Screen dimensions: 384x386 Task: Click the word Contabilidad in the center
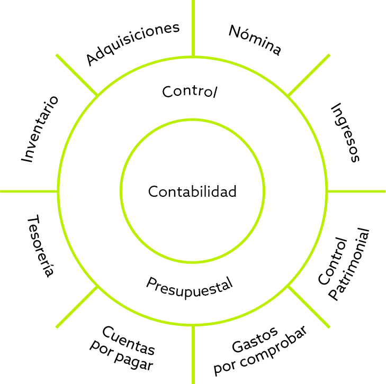coord(192,191)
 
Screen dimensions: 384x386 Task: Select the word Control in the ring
coord(190,92)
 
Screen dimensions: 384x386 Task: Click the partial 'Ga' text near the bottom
coord(241,347)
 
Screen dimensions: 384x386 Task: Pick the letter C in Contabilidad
coord(152,191)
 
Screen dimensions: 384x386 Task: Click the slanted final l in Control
coord(215,92)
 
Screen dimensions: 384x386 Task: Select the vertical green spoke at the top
coord(193,32)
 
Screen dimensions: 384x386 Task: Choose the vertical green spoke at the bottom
coord(193,354)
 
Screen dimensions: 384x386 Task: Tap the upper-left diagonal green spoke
coord(77,75)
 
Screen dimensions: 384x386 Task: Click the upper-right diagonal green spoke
coord(309,75)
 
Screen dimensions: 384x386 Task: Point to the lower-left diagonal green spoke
coord(77,307)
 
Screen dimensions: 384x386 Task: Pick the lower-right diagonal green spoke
coord(309,307)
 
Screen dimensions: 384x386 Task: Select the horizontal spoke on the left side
coord(26,191)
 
